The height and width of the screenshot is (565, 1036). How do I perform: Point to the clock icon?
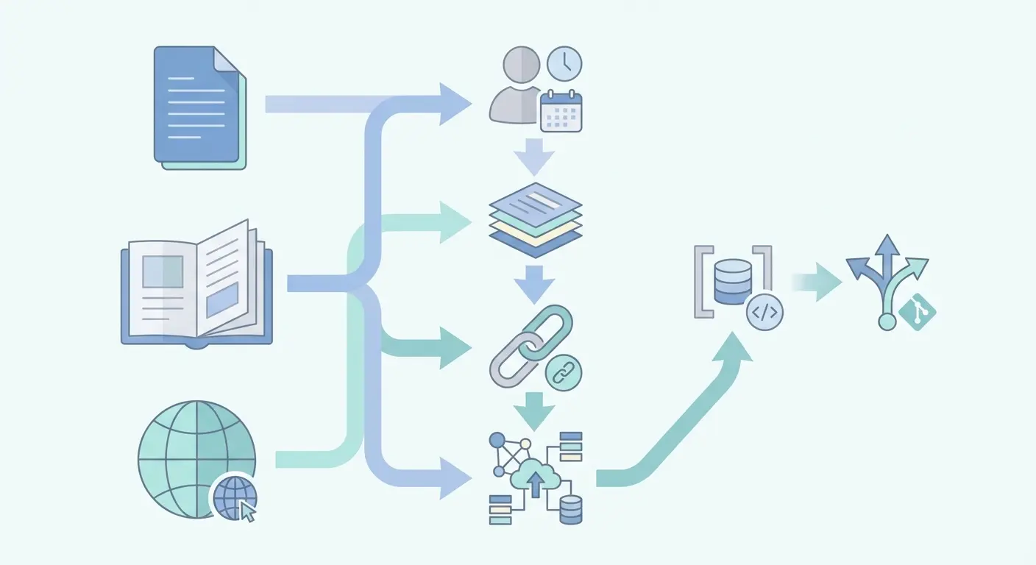[x=564, y=64]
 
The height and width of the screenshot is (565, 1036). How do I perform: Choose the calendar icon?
[x=561, y=112]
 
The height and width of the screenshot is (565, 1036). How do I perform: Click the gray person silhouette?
[x=517, y=86]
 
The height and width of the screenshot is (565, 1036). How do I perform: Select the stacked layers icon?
[x=535, y=218]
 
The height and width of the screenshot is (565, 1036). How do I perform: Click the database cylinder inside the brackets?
[x=733, y=282]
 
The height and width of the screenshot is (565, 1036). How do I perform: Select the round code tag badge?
[x=764, y=312]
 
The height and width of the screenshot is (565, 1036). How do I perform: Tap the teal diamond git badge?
[x=917, y=312]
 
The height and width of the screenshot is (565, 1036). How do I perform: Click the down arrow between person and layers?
[x=534, y=157]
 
